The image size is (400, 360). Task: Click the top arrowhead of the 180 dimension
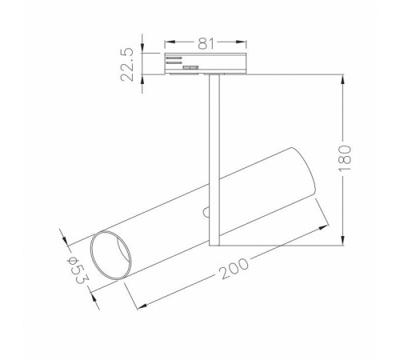pos(344,78)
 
